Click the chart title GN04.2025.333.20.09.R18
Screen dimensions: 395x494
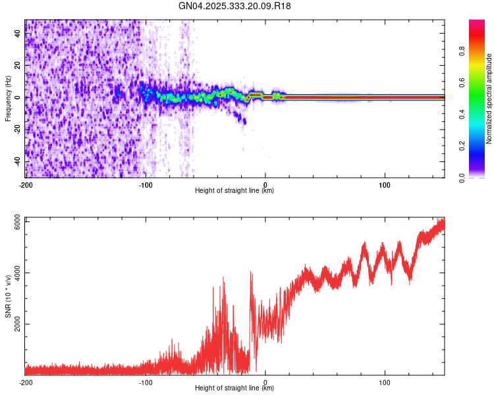pyautogui.click(x=235, y=7)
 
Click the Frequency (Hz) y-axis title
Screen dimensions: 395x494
pyautogui.click(x=8, y=98)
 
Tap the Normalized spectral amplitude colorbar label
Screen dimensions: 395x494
pyautogui.click(x=489, y=99)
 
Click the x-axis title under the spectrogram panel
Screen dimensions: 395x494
pyautogui.click(x=234, y=191)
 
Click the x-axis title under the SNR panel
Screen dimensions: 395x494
pyautogui.click(x=234, y=388)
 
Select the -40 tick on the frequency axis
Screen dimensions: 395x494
pyautogui.click(x=17, y=161)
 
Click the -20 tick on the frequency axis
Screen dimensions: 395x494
pyautogui.click(x=17, y=130)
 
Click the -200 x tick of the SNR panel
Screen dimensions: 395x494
pyautogui.click(x=25, y=382)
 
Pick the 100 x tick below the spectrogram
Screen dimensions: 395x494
pyautogui.click(x=385, y=184)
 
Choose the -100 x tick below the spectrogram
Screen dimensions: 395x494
pyautogui.click(x=146, y=184)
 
